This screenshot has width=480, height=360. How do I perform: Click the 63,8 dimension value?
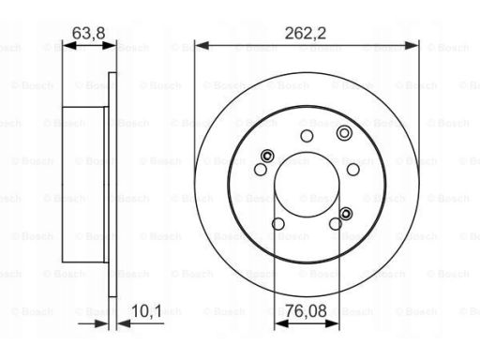pyautogui.click(x=88, y=33)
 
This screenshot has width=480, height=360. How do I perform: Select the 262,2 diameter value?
pyautogui.click(x=306, y=33)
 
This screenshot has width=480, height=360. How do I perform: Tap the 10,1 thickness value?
pyautogui.click(x=146, y=311)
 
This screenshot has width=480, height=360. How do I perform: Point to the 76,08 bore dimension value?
pyautogui.click(x=306, y=311)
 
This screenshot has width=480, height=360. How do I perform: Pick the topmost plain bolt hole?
pyautogui.click(x=307, y=136)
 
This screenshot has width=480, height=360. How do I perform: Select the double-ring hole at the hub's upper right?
pyautogui.click(x=344, y=133)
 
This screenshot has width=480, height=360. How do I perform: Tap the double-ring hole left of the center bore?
pyautogui.click(x=267, y=156)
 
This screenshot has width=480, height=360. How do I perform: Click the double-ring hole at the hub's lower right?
pyautogui.click(x=346, y=214)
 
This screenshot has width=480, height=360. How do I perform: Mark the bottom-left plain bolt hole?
pyautogui.click(x=278, y=224)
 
